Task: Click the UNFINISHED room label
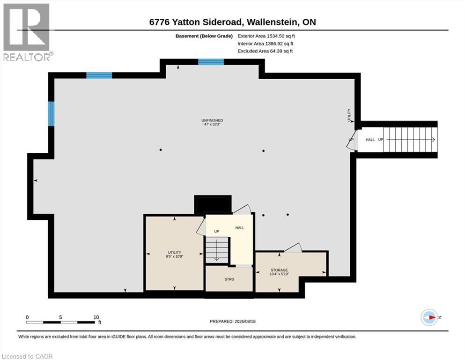point(212,122)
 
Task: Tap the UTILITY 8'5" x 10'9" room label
point(174,255)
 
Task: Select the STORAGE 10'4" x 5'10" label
point(279,272)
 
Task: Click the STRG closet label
point(229,279)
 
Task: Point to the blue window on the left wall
point(52,113)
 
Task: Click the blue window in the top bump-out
point(211,62)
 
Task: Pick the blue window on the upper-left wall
point(99,75)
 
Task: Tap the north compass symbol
point(429,317)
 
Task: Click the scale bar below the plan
point(60,322)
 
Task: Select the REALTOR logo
point(27,32)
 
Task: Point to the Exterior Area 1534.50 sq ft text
point(266,36)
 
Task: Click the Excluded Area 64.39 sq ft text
point(265,51)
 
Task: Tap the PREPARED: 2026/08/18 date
point(232,322)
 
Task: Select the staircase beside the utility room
point(217,250)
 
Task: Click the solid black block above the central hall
point(213,204)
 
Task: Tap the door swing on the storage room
point(293,248)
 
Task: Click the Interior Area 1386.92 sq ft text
point(266,44)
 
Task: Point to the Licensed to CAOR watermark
point(27,356)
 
